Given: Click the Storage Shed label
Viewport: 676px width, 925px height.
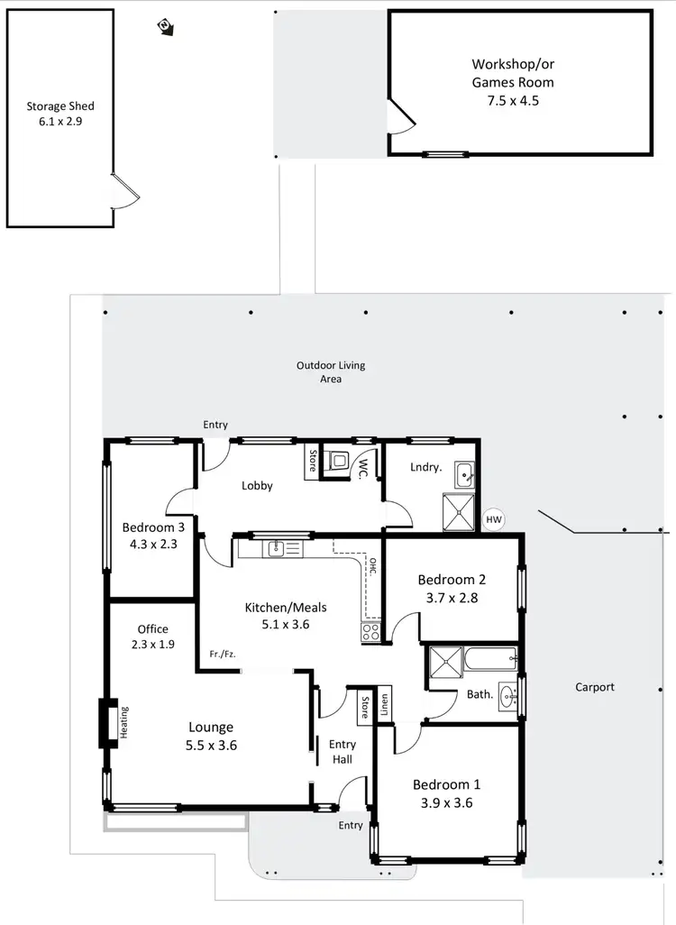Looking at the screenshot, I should pyautogui.click(x=60, y=105).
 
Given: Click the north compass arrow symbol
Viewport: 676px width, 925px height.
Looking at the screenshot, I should pyautogui.click(x=166, y=26).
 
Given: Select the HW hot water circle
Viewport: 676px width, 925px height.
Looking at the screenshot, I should pyautogui.click(x=493, y=520).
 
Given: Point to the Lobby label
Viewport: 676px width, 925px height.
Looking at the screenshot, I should pyautogui.click(x=257, y=486).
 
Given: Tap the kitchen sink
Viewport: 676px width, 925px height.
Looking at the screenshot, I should pyautogui.click(x=275, y=548).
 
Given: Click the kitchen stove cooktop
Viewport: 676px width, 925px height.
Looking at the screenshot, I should pyautogui.click(x=370, y=632).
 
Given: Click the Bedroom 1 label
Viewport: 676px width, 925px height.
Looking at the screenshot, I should pyautogui.click(x=443, y=784).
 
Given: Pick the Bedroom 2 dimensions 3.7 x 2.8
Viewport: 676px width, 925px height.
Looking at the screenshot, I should pyautogui.click(x=452, y=596).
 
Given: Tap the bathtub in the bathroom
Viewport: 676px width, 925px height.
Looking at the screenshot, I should pyautogui.click(x=490, y=659).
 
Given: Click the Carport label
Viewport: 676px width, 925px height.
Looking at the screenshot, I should pyautogui.click(x=595, y=687).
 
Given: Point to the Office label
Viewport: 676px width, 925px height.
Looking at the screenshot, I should pyautogui.click(x=153, y=629).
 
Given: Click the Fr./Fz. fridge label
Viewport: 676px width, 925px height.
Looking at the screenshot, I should pyautogui.click(x=222, y=655).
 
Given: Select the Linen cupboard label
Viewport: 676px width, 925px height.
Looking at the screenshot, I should pyautogui.click(x=384, y=705).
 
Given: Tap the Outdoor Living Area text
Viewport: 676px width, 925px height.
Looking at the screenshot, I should pyautogui.click(x=331, y=372).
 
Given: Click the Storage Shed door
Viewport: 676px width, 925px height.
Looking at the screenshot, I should pyautogui.click(x=124, y=190).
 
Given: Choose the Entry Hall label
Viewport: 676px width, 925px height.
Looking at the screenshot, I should pyautogui.click(x=343, y=751).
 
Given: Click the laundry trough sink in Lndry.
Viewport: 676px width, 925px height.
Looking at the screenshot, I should pyautogui.click(x=464, y=473).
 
